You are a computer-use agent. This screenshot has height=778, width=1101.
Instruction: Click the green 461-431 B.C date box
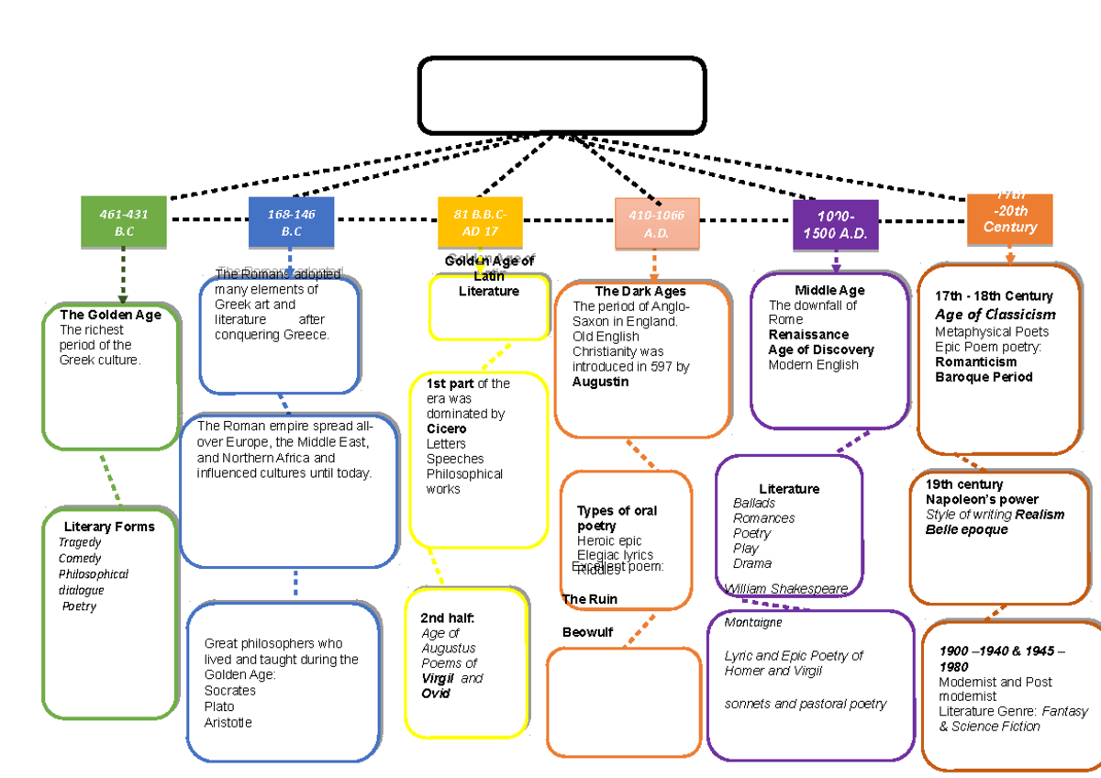click(x=124, y=222)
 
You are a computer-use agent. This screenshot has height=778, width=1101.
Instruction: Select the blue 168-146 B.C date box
click(x=291, y=222)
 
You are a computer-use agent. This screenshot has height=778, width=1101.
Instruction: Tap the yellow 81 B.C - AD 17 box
click(x=480, y=222)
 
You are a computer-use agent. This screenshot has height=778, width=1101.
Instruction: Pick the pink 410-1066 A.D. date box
click(x=657, y=224)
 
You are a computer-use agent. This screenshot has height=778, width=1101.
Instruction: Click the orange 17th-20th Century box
click(x=1009, y=219)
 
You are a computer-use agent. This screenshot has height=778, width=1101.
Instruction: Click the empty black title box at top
click(x=562, y=94)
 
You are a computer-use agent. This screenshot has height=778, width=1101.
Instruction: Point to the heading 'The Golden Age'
click(x=110, y=315)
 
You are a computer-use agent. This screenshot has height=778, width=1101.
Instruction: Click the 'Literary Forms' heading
click(x=109, y=527)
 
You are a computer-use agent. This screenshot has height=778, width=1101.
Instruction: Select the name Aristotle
click(x=228, y=722)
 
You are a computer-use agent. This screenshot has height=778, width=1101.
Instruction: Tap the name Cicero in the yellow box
click(x=446, y=428)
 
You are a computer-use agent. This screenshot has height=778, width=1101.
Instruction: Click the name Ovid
click(x=437, y=694)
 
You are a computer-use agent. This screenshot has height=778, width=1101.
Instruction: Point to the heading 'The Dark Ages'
click(x=640, y=292)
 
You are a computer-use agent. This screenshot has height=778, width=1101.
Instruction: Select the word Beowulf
click(x=587, y=632)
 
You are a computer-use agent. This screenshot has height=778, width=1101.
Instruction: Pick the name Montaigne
click(x=753, y=622)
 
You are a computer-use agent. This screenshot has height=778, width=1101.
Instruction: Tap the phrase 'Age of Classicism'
click(x=995, y=315)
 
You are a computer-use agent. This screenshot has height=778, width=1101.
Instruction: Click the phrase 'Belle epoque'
click(x=966, y=529)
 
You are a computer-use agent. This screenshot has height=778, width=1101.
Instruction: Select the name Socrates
click(x=229, y=690)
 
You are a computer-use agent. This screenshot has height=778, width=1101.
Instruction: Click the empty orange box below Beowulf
click(x=624, y=701)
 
